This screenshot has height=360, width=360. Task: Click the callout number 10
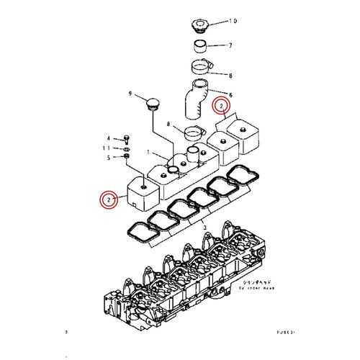[233, 22]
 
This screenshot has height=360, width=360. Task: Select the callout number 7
[230, 46]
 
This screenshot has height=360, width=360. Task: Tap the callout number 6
[230, 94]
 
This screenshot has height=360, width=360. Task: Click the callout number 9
[131, 94]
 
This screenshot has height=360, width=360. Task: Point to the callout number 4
[109, 138]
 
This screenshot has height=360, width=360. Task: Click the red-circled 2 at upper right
[223, 107]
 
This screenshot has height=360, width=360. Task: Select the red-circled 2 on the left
[109, 199]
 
